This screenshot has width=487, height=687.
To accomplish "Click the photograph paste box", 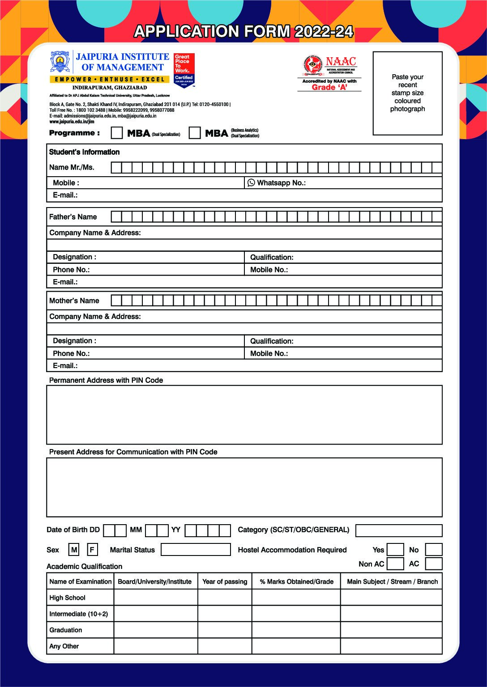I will pos(407,93).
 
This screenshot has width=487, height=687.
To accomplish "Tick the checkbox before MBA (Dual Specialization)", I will pos(117,133).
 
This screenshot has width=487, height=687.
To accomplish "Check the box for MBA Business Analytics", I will pos(195,133).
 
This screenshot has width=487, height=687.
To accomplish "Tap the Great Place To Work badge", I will pos(184,71).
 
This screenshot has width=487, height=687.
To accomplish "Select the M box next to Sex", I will pos(74,550).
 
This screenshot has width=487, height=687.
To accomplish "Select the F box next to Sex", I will pos(92,550).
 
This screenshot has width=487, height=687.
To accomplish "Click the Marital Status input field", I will pos(196,550).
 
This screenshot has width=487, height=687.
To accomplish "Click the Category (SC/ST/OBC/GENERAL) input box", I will pos(399,530).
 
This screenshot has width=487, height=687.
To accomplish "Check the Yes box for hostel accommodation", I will pos(395,550).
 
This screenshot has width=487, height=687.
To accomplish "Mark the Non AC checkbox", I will pos(395,564).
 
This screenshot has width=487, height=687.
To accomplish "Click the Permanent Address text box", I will pos(244,415).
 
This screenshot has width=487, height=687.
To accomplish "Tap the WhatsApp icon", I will pos(251,182).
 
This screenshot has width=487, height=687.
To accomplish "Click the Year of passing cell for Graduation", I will pos(225,630).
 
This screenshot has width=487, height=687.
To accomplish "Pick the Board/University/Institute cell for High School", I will pos(156,598).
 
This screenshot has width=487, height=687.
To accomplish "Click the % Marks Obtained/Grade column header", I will pos(296,581).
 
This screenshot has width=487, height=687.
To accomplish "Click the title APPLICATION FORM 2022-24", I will pos(243,31).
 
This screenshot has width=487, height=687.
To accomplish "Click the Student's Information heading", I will pos(84,152).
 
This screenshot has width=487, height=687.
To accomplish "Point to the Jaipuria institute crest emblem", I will pos(60,62).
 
